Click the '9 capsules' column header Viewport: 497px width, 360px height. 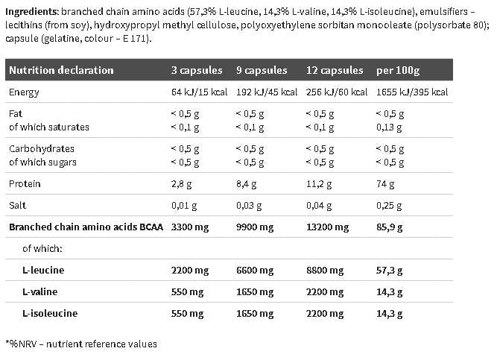261,70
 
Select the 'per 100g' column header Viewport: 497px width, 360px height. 398,70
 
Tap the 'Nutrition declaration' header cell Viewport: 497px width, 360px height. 60,70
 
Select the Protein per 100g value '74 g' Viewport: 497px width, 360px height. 386,183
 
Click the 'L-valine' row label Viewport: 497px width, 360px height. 40,291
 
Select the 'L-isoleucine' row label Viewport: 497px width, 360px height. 50,313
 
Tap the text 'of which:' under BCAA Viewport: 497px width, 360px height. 42,248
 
